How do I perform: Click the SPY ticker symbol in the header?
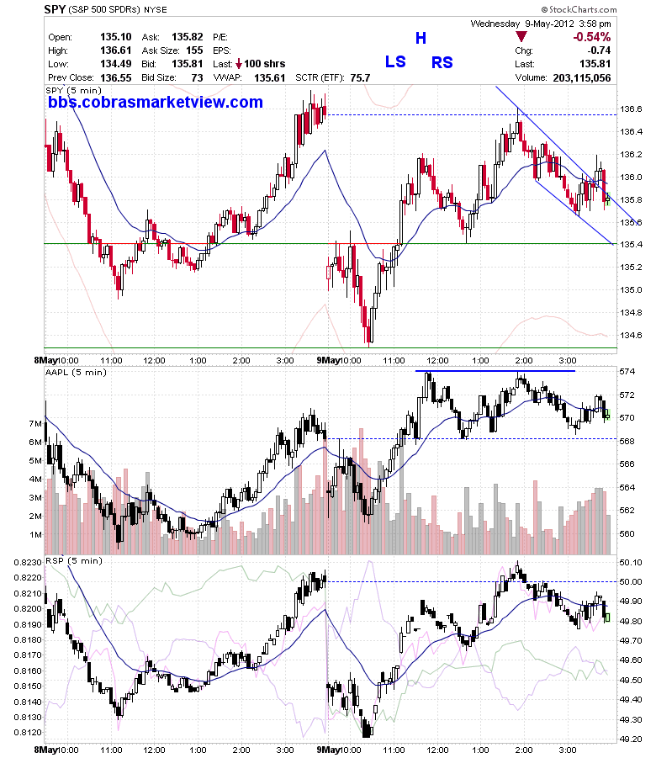coord(55,9)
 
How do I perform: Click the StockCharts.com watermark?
coord(579,9)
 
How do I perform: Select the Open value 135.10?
coord(116,37)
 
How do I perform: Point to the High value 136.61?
coord(116,50)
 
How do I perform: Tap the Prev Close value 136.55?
coord(116,78)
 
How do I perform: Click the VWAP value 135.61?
coord(270,78)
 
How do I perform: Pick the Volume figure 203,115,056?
coord(582,78)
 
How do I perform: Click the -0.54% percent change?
coord(592,37)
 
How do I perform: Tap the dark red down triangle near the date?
coord(521,37)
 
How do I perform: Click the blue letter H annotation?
coord(421,38)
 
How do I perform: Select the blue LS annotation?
coord(395,62)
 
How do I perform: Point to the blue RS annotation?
coord(442,62)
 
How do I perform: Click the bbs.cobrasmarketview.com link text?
coord(156,102)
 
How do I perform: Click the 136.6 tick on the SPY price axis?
coord(632,109)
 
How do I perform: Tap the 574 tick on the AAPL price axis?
coord(627,372)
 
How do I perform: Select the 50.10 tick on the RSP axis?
coord(631,562)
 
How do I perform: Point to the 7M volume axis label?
coord(35,424)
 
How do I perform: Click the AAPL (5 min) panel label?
coord(76,372)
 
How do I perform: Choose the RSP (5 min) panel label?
coord(74,561)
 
